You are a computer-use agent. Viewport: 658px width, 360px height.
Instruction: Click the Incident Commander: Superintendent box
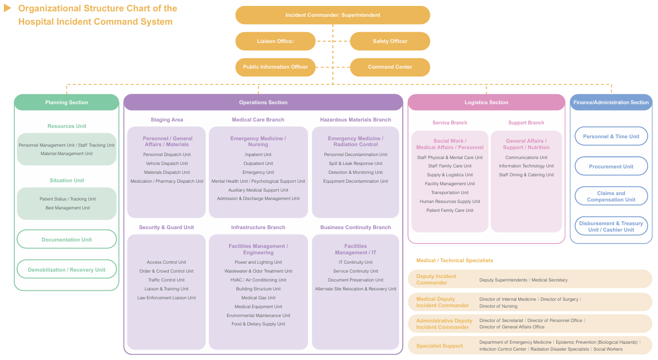pyautogui.click(x=333, y=15)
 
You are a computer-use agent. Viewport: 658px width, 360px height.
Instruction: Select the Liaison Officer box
pyautogui.click(x=275, y=41)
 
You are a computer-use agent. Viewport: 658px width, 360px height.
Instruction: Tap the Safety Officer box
pyautogui.click(x=390, y=41)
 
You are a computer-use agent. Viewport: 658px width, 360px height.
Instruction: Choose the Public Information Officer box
pyautogui.click(x=275, y=67)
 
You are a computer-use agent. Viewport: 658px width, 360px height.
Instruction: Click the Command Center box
pyautogui.click(x=390, y=67)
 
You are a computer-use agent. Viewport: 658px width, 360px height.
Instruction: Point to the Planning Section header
pyautogui.click(x=66, y=102)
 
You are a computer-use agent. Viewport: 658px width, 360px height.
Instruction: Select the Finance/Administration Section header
pyautogui.click(x=611, y=102)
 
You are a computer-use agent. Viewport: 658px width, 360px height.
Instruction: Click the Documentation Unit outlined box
pyautogui.click(x=67, y=239)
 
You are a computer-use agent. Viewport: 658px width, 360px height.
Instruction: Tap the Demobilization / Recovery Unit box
pyautogui.click(x=67, y=269)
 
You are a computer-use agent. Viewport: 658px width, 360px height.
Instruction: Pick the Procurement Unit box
pyautogui.click(x=611, y=166)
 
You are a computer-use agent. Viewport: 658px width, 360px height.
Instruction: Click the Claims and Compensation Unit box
pyautogui.click(x=611, y=196)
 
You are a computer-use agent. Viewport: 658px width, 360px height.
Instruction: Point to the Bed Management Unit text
pyautogui.click(x=68, y=208)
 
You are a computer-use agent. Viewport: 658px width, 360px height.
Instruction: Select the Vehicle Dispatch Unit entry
pyautogui.click(x=166, y=163)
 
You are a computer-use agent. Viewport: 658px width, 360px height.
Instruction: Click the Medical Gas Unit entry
pyautogui.click(x=258, y=298)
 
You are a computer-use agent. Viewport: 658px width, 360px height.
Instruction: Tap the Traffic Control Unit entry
pyautogui.click(x=166, y=280)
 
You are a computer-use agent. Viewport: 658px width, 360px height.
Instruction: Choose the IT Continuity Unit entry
pyautogui.click(x=355, y=262)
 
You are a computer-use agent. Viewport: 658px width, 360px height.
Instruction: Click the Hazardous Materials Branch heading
pyautogui.click(x=355, y=120)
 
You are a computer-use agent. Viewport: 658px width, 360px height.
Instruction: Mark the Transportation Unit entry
pyautogui.click(x=450, y=193)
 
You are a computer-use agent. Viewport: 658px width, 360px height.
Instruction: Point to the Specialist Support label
pyautogui.click(x=439, y=346)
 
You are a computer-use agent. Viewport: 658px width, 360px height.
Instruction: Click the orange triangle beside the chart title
pyautogui.click(x=7, y=8)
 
